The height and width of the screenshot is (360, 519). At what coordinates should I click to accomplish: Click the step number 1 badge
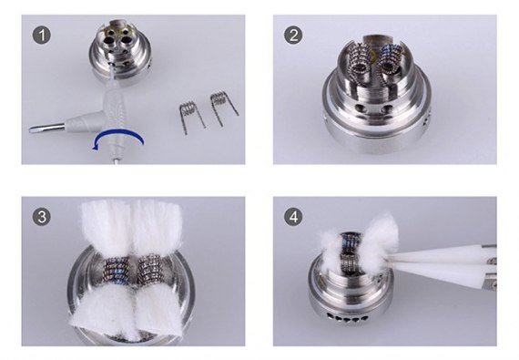[42, 36]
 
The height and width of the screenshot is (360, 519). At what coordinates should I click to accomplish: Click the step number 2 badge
[293, 36]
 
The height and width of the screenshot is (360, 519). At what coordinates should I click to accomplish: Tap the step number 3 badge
[42, 217]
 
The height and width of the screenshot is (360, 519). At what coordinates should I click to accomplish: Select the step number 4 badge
[293, 217]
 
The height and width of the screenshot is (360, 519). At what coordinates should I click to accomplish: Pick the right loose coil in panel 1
[223, 107]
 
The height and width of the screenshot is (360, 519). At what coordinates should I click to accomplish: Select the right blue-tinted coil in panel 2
[392, 64]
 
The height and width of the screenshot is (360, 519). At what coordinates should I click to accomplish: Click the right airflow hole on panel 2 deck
[386, 109]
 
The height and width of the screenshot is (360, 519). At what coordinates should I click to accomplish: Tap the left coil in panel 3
[117, 269]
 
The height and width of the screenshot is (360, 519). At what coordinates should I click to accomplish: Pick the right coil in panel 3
[149, 268]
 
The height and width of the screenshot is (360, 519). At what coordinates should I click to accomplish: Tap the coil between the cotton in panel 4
[351, 251]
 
